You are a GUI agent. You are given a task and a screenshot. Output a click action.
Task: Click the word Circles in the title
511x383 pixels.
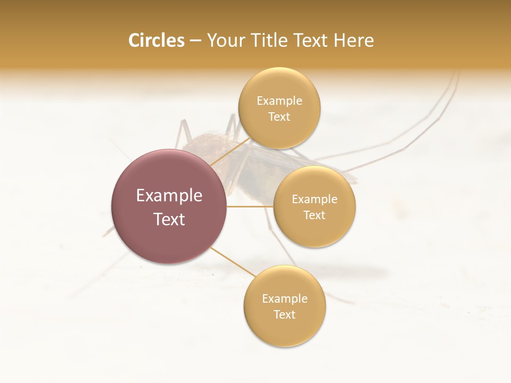[x=156, y=40]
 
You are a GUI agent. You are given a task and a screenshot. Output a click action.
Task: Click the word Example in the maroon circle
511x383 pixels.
[x=169, y=196]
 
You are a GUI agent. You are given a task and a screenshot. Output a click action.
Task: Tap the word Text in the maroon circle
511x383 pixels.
[x=169, y=219]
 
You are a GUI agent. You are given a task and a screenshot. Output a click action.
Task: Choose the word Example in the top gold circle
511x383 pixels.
[x=279, y=101]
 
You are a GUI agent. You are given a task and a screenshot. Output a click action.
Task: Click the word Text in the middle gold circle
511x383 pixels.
[x=314, y=215]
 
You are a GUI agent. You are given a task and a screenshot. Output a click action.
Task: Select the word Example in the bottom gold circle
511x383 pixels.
[x=284, y=299]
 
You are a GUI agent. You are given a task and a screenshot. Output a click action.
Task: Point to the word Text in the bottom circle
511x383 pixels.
[x=284, y=315]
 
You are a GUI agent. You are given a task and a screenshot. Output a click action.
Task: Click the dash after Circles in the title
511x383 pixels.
[x=195, y=40]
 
